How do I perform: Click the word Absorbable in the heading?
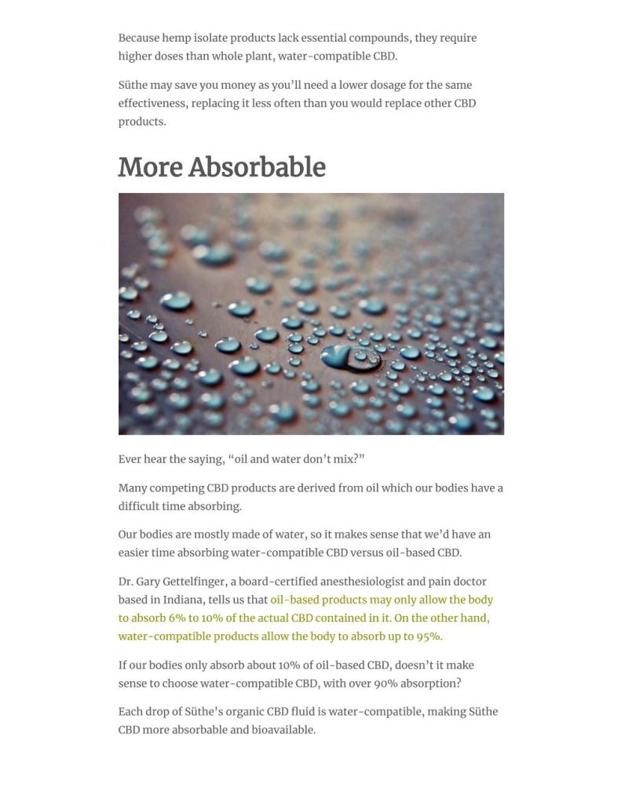257,167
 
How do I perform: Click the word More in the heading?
150,167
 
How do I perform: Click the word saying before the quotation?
206,459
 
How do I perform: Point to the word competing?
177,488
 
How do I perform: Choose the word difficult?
140,506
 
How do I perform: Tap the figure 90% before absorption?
385,683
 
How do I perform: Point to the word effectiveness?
153,103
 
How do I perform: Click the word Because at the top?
139,38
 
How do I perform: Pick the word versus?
366,553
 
